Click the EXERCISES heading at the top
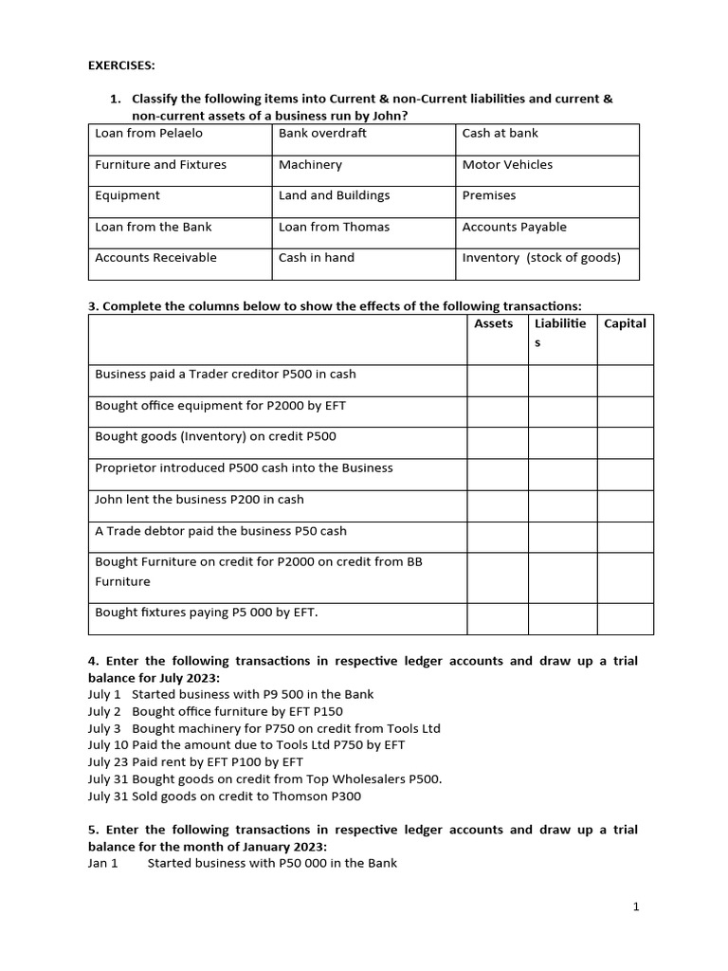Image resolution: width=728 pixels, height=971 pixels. point(121,65)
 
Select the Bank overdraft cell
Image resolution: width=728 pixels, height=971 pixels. point(322,134)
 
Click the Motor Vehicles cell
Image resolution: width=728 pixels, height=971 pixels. point(507,165)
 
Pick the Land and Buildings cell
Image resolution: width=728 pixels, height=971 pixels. point(334,196)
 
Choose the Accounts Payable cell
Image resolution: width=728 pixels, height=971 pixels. point(514,228)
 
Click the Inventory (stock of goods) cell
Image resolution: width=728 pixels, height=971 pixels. point(541,258)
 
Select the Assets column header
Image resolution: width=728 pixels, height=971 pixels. point(494,324)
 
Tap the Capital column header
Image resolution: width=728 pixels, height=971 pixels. point(625,324)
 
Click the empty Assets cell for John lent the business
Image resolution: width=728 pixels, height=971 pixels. point(497,505)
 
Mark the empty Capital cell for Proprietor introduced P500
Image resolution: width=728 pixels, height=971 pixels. point(625,474)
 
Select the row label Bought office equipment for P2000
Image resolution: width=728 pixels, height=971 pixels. point(220,406)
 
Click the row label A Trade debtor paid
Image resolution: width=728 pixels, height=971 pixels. point(220,531)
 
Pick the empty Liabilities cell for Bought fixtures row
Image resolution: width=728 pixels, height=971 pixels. point(562,618)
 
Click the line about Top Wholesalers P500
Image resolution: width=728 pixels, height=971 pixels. point(264,779)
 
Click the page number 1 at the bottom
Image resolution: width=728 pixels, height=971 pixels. point(636,907)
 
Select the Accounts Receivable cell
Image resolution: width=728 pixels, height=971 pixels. point(155,258)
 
